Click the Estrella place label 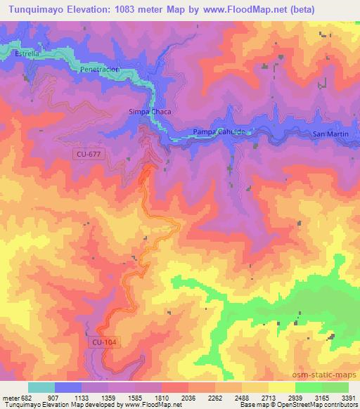pos(26,53)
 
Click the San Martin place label pos(330,134)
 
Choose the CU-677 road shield pos(89,154)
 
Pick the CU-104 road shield pos(103,342)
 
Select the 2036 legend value pos(188,397)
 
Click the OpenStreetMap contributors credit pos(318,404)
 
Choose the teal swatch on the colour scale pos(41,387)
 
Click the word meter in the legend pos(9,397)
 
